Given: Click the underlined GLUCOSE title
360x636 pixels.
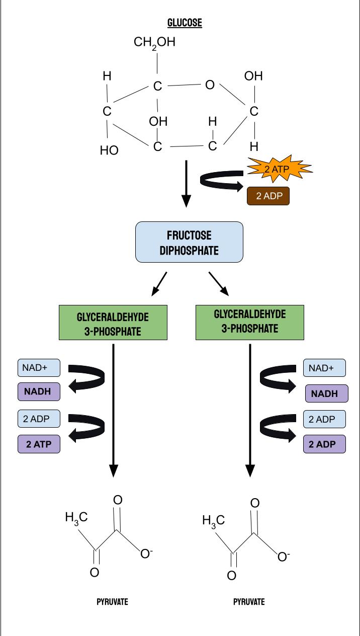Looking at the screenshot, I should coord(185,23).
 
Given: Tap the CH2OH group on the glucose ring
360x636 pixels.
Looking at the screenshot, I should coord(154,43).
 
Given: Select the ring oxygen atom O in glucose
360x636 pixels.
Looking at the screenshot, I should coord(210,85).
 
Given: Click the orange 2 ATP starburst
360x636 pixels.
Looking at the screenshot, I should coord(277,169).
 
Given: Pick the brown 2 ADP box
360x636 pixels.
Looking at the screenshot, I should coord(268,196).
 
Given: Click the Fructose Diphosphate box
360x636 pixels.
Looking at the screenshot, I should coord(189,242).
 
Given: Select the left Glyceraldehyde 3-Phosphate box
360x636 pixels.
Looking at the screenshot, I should coord(113,323).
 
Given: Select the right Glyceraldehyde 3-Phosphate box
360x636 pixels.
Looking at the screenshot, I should coord(250,322).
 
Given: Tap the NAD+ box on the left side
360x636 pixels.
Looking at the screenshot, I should coord(39,368).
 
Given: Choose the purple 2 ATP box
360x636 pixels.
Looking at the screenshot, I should coord(39,444).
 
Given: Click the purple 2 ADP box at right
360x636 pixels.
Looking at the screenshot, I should coord(324,444).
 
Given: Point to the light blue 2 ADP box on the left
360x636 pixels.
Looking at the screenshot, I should coord(39,419).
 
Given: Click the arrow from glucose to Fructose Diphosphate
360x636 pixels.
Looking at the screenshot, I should coord(186,184).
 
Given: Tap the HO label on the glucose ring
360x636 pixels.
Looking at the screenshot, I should coord(109,150).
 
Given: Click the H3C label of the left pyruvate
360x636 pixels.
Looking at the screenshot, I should coord(76,518).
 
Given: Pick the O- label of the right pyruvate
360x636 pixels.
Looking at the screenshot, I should coord(284,556).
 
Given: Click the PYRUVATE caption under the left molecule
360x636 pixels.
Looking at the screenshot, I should coord(112,602).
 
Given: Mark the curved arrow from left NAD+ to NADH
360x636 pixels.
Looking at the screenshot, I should coord(88,379).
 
